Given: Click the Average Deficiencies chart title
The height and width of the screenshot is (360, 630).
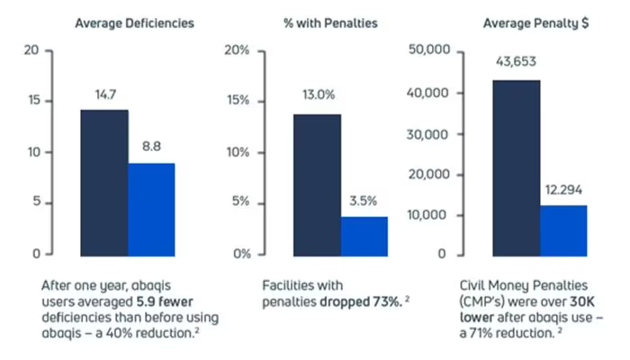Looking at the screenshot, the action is (x=135, y=23).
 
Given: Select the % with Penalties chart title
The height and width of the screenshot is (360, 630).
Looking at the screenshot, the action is (x=330, y=23).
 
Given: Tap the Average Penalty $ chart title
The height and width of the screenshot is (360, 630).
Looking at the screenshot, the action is (x=535, y=23).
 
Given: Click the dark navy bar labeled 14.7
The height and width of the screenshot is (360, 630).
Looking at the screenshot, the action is (x=104, y=183).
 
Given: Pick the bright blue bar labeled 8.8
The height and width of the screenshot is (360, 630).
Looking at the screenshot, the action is (x=151, y=210).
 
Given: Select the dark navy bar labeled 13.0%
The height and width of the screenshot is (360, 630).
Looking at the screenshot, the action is (x=318, y=185).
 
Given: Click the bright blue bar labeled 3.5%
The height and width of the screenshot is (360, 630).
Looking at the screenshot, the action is (x=364, y=236).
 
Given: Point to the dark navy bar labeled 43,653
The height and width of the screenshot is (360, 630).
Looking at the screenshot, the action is (x=517, y=168).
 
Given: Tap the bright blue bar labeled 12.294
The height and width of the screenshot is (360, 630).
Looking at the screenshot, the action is (x=563, y=230).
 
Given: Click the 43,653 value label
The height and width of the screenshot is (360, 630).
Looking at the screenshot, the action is (x=516, y=61).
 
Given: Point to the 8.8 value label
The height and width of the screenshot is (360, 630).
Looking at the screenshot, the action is (x=151, y=146).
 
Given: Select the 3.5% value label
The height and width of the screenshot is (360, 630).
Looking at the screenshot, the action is (x=364, y=201).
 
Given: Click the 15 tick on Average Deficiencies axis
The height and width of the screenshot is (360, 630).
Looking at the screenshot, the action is (x=34, y=101).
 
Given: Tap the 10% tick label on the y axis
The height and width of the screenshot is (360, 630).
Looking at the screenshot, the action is (x=238, y=153).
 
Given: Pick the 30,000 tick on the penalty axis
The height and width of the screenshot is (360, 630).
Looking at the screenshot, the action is (x=427, y=135).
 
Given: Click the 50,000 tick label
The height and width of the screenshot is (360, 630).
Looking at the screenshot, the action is (x=429, y=49).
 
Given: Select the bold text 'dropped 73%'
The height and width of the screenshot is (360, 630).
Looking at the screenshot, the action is (x=360, y=301).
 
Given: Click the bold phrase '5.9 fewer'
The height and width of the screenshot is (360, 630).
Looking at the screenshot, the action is (x=165, y=301).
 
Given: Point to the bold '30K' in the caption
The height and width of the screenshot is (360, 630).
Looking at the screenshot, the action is (x=581, y=301).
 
